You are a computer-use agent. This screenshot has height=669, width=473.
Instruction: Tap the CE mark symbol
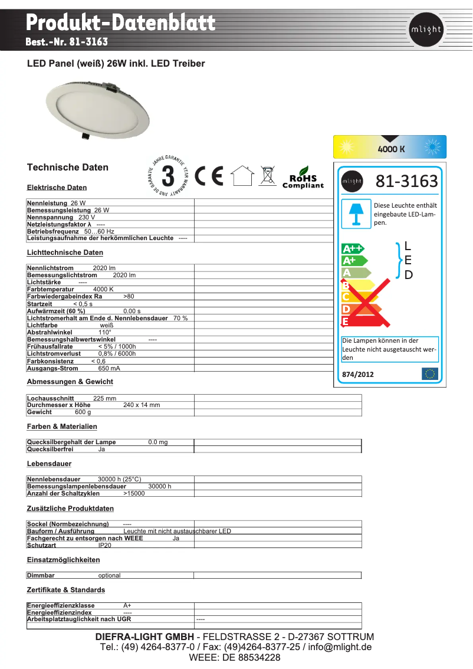click(x=209, y=176)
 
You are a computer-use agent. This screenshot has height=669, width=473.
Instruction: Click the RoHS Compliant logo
click(x=303, y=178)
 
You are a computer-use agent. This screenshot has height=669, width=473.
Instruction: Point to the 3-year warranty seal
click(x=168, y=176)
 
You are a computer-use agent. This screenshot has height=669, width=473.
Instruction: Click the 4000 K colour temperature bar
click(x=390, y=147)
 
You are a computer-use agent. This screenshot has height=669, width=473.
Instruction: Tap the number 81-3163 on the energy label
click(x=407, y=181)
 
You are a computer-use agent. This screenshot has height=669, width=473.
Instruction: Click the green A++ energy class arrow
click(x=353, y=248)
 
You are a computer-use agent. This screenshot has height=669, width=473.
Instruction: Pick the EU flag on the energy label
click(x=430, y=374)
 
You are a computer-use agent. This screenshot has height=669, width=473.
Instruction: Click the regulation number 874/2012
click(x=358, y=374)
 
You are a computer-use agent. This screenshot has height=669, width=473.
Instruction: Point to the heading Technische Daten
click(x=68, y=168)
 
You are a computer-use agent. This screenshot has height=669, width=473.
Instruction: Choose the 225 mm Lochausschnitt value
click(x=105, y=398)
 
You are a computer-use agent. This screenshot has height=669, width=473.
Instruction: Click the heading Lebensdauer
click(x=49, y=464)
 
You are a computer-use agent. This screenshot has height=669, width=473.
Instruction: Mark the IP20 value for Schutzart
click(x=105, y=546)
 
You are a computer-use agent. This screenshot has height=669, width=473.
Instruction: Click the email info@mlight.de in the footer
click(x=336, y=647)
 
